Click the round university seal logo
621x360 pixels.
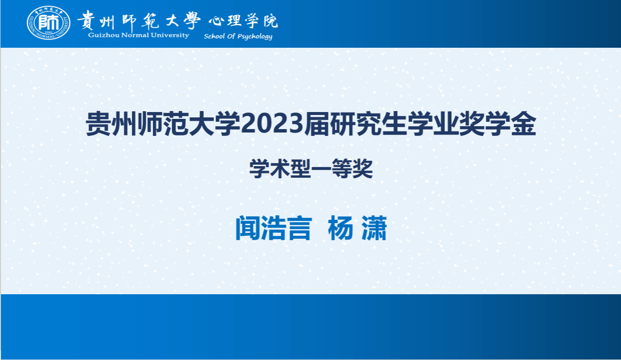[x=49, y=23]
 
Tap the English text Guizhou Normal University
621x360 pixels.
[x=138, y=35]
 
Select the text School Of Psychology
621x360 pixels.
[x=238, y=37]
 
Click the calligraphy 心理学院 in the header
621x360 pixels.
[x=243, y=20]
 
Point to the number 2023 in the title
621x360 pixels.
[x=272, y=124]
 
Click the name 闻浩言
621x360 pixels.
[x=273, y=228]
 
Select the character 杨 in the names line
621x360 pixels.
[x=340, y=228]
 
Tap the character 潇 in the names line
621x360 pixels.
[x=374, y=228]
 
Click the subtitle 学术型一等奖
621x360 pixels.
[x=311, y=169]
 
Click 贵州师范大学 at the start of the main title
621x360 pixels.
[x=163, y=124]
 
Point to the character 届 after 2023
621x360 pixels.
[x=317, y=124]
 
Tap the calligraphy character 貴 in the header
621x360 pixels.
[x=86, y=20]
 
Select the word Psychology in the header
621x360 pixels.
[x=255, y=37]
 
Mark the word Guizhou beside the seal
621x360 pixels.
[x=104, y=35]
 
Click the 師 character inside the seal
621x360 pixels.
[x=49, y=22]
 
